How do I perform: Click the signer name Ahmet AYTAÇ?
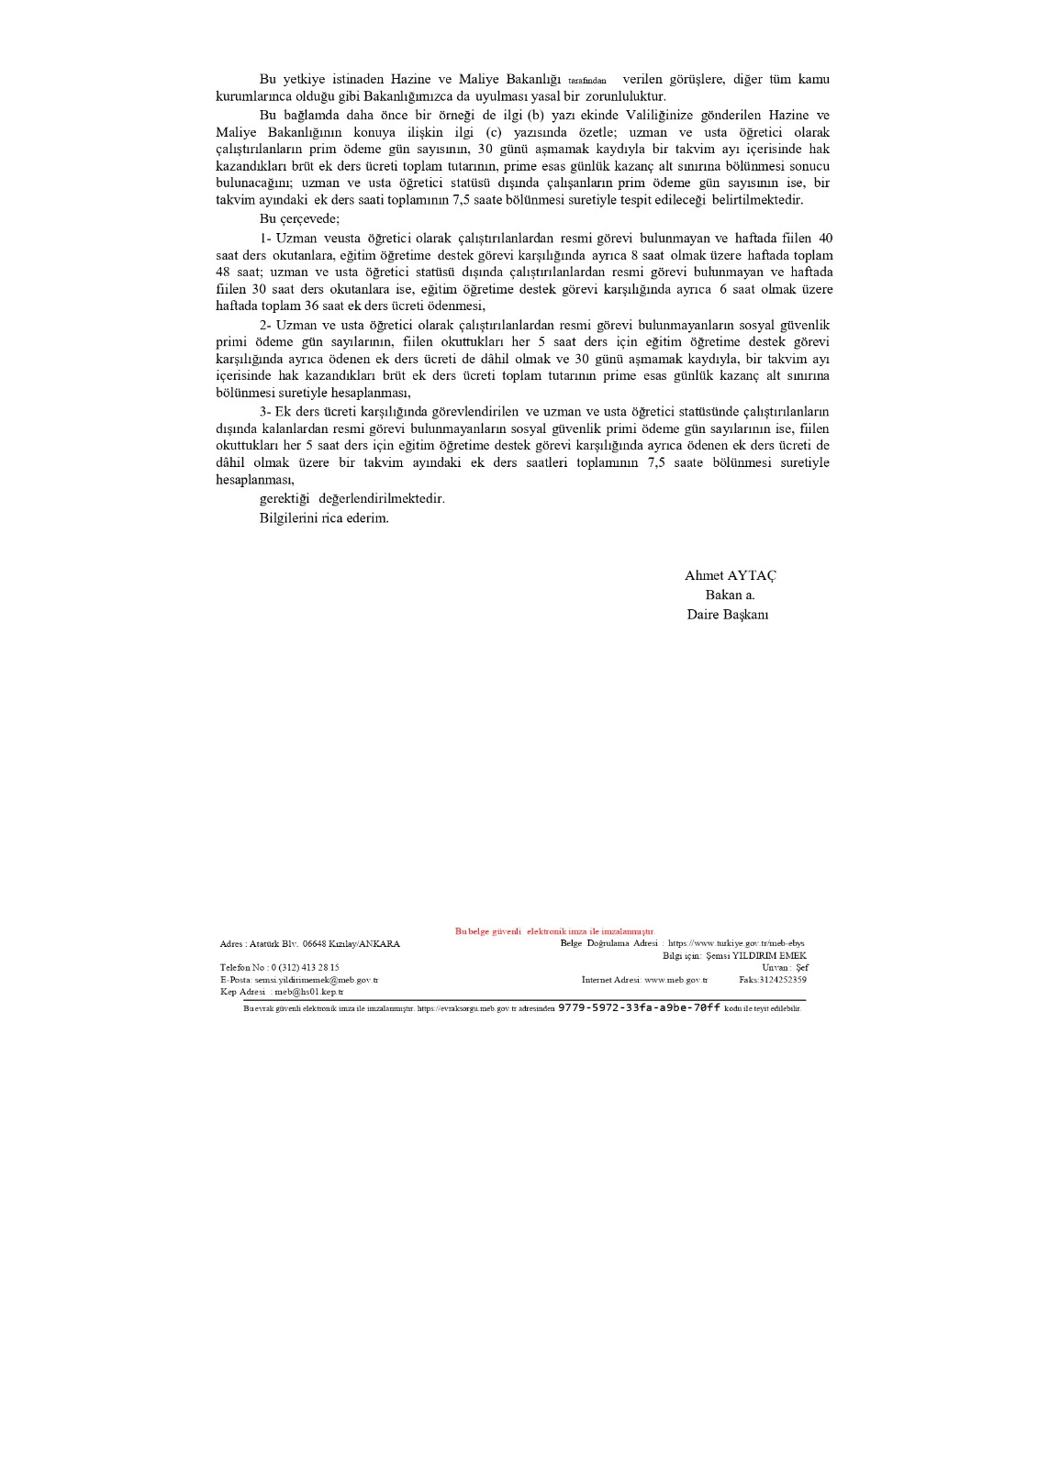click(x=730, y=575)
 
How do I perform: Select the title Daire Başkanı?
click(x=727, y=615)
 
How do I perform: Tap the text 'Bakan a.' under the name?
click(x=730, y=595)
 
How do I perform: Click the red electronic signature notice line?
click(x=554, y=931)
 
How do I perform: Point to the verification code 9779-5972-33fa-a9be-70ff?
click(x=639, y=1007)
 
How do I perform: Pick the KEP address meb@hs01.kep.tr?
click(x=309, y=992)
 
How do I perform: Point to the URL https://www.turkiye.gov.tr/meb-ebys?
click(x=736, y=943)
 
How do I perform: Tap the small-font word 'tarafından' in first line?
click(x=586, y=81)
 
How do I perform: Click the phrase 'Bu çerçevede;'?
click(x=299, y=219)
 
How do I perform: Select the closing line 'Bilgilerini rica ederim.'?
click(x=324, y=518)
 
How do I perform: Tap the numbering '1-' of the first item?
click(x=265, y=239)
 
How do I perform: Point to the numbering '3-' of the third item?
click(x=265, y=411)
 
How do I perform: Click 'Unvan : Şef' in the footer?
click(x=785, y=967)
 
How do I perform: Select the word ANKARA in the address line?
click(x=379, y=943)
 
